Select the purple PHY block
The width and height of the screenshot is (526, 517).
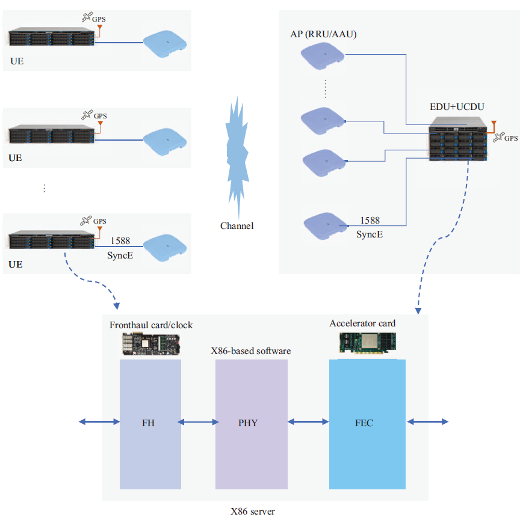(251, 423)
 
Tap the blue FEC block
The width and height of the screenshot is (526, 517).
(367, 423)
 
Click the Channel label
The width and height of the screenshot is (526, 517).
(237, 226)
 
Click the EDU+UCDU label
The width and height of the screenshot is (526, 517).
(457, 106)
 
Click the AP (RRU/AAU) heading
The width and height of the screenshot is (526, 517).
(323, 34)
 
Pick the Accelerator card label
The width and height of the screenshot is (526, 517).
(362, 323)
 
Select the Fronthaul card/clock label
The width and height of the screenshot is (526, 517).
(151, 325)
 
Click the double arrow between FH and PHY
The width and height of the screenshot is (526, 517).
(198, 423)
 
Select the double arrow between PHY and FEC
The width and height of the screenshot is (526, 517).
(308, 423)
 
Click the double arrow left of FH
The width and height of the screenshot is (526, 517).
(99, 423)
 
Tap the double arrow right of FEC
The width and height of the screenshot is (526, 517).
(428, 423)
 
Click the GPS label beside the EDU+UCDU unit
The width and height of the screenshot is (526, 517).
(510, 138)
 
